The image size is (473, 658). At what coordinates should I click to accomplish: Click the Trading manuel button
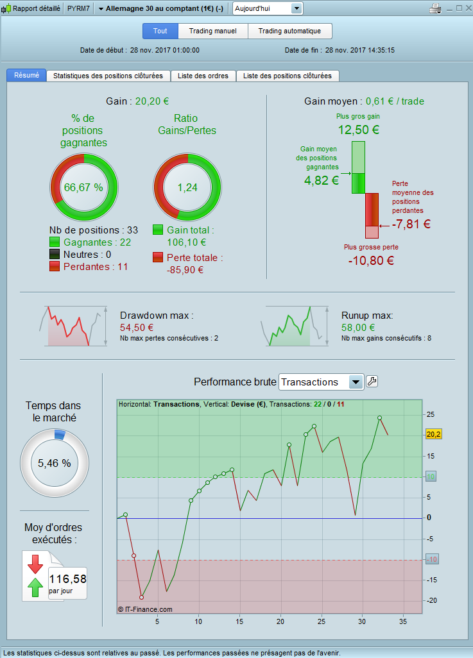click(212, 31)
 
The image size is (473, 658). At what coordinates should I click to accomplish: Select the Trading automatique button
click(289, 31)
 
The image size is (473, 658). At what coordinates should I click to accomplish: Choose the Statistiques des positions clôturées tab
click(108, 76)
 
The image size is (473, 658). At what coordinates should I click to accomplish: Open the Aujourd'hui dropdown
click(267, 8)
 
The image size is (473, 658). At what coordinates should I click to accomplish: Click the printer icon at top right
click(435, 8)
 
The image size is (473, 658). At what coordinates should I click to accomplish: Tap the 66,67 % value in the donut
click(83, 188)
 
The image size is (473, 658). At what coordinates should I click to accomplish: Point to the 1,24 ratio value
click(187, 188)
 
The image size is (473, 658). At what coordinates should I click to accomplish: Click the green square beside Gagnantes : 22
click(55, 242)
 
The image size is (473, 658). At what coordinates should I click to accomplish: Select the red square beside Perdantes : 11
click(55, 266)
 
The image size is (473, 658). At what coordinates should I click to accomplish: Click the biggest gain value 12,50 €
click(359, 130)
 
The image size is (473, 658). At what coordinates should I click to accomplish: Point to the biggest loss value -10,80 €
click(371, 260)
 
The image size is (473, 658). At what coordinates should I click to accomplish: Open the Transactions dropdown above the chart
click(322, 382)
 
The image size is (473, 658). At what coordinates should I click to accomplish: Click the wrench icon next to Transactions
click(372, 382)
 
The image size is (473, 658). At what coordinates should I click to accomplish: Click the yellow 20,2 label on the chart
click(433, 435)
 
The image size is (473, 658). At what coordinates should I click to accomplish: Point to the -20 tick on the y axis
click(430, 600)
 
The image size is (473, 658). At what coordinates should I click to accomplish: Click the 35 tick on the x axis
click(403, 621)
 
